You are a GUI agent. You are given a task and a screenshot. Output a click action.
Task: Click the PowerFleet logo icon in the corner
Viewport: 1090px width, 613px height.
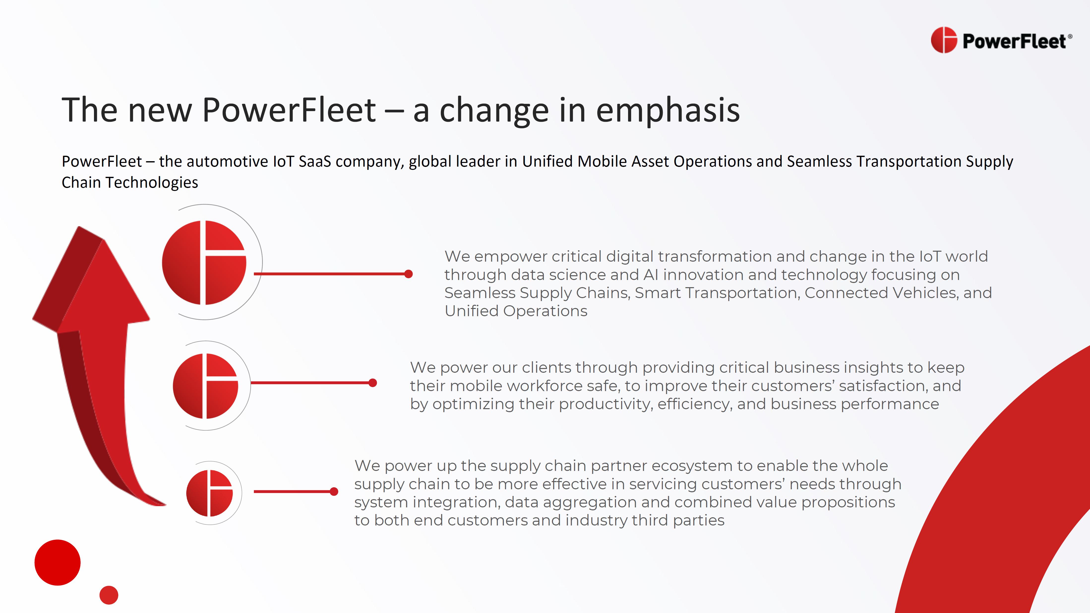click(x=944, y=40)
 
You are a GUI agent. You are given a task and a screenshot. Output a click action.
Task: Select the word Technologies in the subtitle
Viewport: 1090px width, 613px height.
click(x=151, y=183)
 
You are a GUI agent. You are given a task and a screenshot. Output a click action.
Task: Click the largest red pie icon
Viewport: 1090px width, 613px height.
click(x=204, y=262)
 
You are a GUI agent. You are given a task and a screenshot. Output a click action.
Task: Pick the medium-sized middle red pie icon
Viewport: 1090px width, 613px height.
click(x=205, y=386)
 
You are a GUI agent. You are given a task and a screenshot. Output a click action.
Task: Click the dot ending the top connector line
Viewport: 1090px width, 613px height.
click(x=408, y=274)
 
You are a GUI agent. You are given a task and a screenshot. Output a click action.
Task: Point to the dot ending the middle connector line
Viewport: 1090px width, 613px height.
click(x=373, y=383)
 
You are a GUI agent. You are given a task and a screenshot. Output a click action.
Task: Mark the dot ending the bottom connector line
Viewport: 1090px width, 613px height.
click(x=334, y=491)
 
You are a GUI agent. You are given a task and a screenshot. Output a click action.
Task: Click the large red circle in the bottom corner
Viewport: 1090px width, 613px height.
click(x=58, y=563)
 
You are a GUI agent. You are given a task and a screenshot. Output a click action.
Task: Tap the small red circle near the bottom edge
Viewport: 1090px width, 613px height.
click(x=109, y=595)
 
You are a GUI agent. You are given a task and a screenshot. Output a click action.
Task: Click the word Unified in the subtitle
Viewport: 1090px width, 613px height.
click(x=547, y=162)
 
